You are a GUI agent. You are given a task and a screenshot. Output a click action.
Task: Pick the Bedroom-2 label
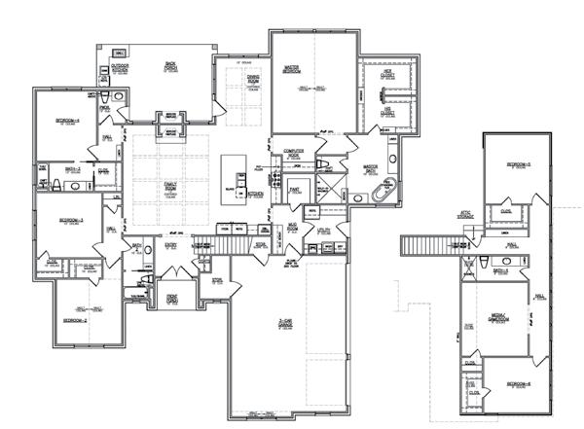tap(77, 319)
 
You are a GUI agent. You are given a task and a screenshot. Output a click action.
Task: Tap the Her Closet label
tap(387, 74)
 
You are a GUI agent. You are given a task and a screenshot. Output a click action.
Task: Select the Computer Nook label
tap(293, 154)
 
